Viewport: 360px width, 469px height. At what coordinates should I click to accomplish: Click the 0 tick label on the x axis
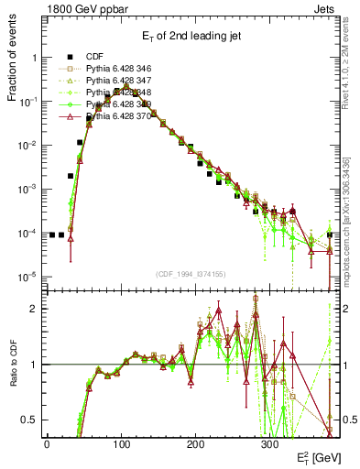pos(47,443)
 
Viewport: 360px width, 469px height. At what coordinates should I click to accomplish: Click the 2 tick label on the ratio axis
pos(32,309)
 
